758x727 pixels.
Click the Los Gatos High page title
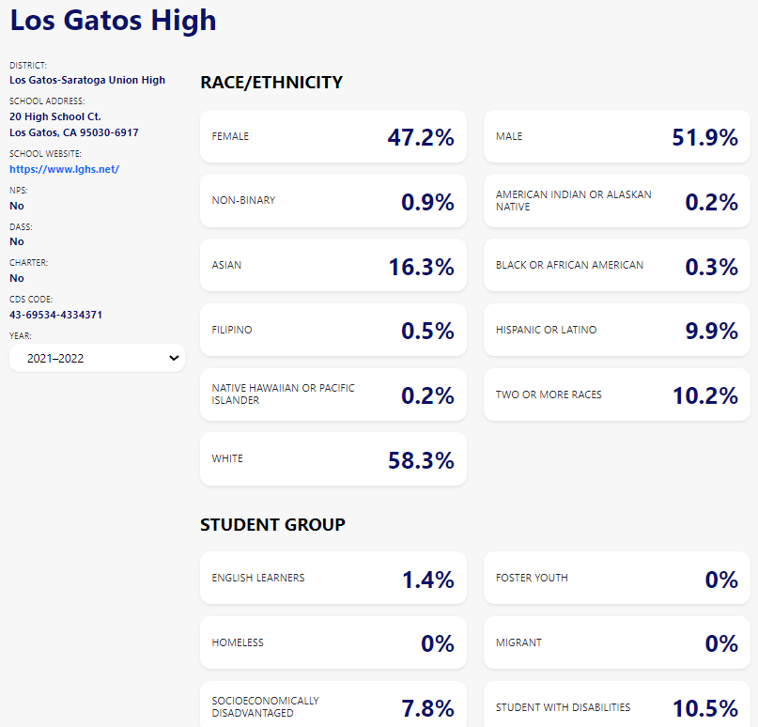[113, 20]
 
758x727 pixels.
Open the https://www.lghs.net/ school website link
[64, 169]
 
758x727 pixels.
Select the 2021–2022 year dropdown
[97, 358]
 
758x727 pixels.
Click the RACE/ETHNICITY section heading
[271, 83]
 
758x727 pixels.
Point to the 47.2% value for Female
[421, 137]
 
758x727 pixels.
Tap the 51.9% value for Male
[704, 137]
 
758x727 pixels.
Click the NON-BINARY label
[243, 200]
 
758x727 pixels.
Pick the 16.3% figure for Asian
[421, 267]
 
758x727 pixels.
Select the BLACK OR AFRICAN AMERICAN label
[569, 265]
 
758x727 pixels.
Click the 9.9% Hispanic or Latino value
[711, 331]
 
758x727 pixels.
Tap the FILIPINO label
[232, 330]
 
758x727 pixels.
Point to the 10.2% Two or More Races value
[704, 395]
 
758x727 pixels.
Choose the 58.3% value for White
[421, 460]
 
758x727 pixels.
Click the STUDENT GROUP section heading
[272, 524]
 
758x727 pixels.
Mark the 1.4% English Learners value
[428, 580]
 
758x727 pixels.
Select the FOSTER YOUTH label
[532, 578]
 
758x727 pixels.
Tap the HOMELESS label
[238, 642]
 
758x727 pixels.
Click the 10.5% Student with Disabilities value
[704, 708]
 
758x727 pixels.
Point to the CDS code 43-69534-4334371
[55, 315]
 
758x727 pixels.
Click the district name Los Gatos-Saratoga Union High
[87, 80]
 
